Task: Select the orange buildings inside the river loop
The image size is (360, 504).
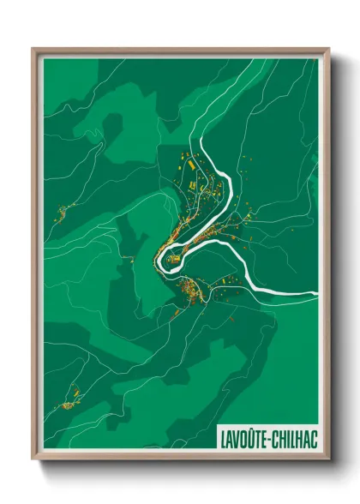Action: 184,244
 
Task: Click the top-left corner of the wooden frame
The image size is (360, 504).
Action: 33,49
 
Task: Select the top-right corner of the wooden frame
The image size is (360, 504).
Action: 329,49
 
